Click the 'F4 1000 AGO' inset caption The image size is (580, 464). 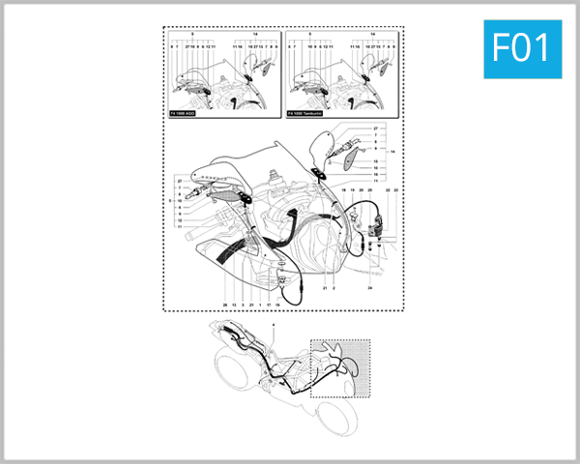point(188,114)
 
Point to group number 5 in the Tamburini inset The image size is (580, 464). point(308,33)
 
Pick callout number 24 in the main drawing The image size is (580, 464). point(369,287)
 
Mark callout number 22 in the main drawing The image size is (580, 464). point(387,191)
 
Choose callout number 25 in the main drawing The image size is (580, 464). point(371,191)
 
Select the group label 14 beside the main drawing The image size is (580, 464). point(391,152)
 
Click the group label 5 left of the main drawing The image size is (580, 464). point(169,201)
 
